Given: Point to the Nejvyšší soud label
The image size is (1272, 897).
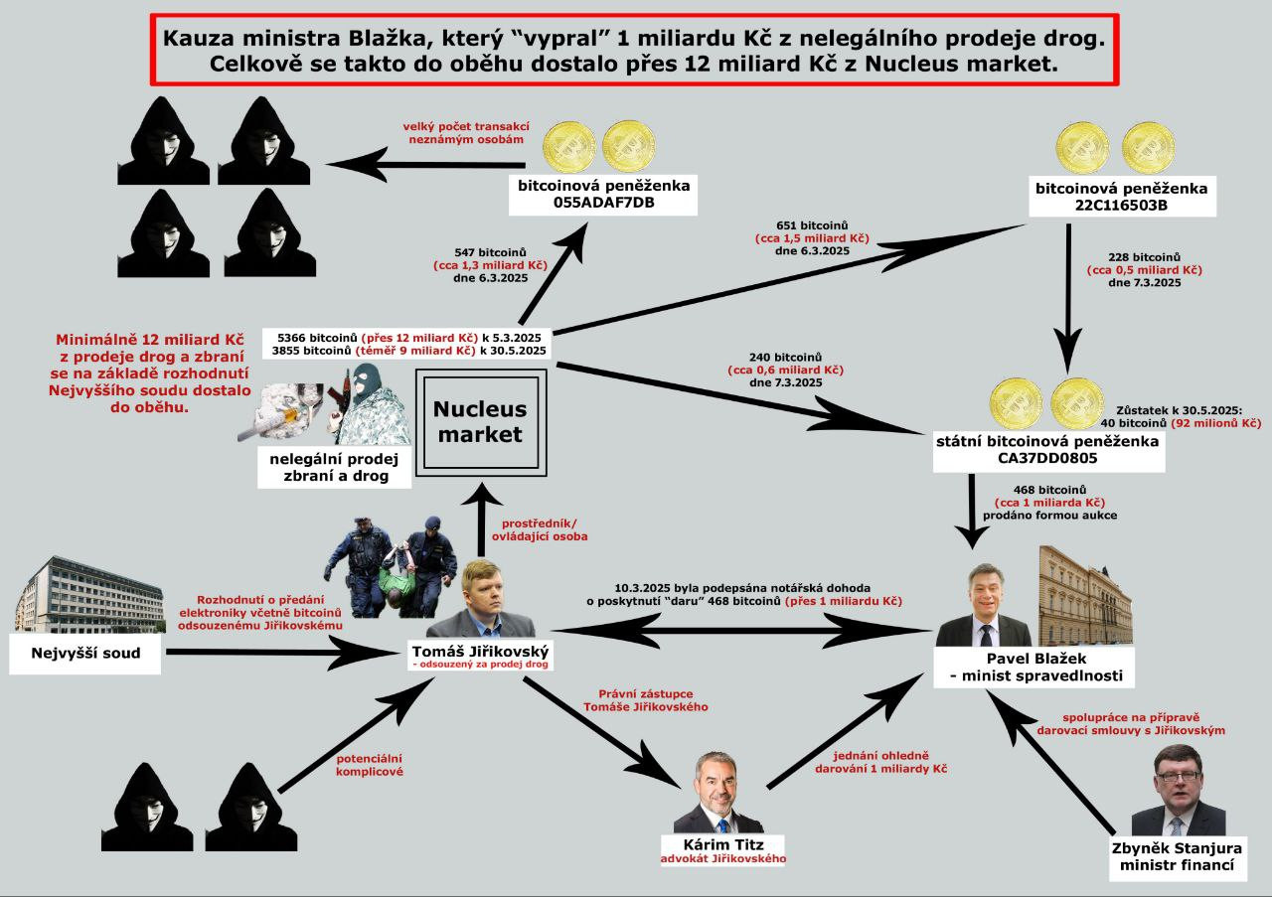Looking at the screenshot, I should click(x=86, y=654).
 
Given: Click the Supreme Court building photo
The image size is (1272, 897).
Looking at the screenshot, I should click(x=90, y=595).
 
